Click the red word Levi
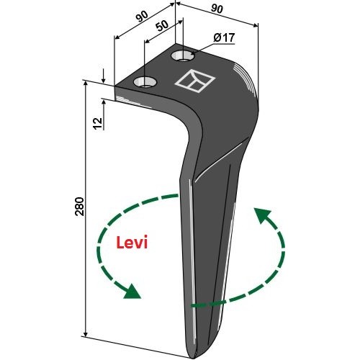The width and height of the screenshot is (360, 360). pos(132,243)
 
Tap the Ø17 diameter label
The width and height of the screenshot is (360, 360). pos(224,38)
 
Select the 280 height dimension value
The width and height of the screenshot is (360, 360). pos(79,207)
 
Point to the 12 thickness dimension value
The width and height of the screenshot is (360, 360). pos(98,124)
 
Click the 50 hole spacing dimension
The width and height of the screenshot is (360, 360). pos(162,26)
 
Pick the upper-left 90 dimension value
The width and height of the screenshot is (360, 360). pos(142,17)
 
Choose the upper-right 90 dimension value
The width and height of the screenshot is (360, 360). pos(217,9)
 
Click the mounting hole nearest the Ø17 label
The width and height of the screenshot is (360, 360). pos(183,56)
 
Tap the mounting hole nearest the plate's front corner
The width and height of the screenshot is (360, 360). pos(145,82)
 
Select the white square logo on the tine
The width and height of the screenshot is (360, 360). pos(195,81)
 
